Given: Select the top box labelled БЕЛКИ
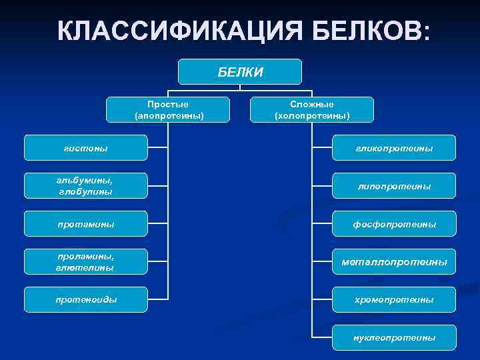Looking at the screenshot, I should tap(240, 71).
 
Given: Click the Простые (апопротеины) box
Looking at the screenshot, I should tap(168, 109).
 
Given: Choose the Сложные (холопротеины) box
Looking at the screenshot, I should tap(312, 109).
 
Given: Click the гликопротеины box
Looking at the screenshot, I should tap(395, 148).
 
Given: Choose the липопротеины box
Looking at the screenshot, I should tap(395, 186).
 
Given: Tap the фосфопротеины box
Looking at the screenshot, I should tap(395, 224).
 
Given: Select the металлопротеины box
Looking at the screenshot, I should tap(395, 262).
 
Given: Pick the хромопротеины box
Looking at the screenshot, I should tap(395, 300).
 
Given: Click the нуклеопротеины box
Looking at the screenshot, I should tap(395, 338).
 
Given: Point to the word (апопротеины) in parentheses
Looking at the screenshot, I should tap(168, 115).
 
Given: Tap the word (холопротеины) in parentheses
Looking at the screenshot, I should tap(312, 115).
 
